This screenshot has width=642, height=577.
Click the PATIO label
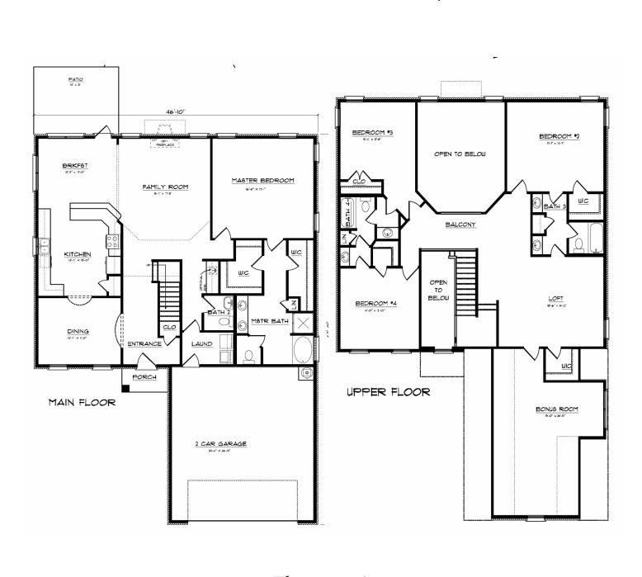coord(76,79)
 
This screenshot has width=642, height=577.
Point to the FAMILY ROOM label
coord(165,187)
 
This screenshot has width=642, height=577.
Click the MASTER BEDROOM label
coord(262,180)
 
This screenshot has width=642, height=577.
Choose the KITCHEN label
coord(78,254)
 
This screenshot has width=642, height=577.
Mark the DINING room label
coord(78,332)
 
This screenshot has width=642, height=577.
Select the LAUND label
coord(203,343)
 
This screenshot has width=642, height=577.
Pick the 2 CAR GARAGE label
coord(220,443)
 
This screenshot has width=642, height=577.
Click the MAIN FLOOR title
coord(81,403)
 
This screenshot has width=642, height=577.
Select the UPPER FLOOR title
coord(387,392)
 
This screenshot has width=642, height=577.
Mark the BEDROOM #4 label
coord(376,303)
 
